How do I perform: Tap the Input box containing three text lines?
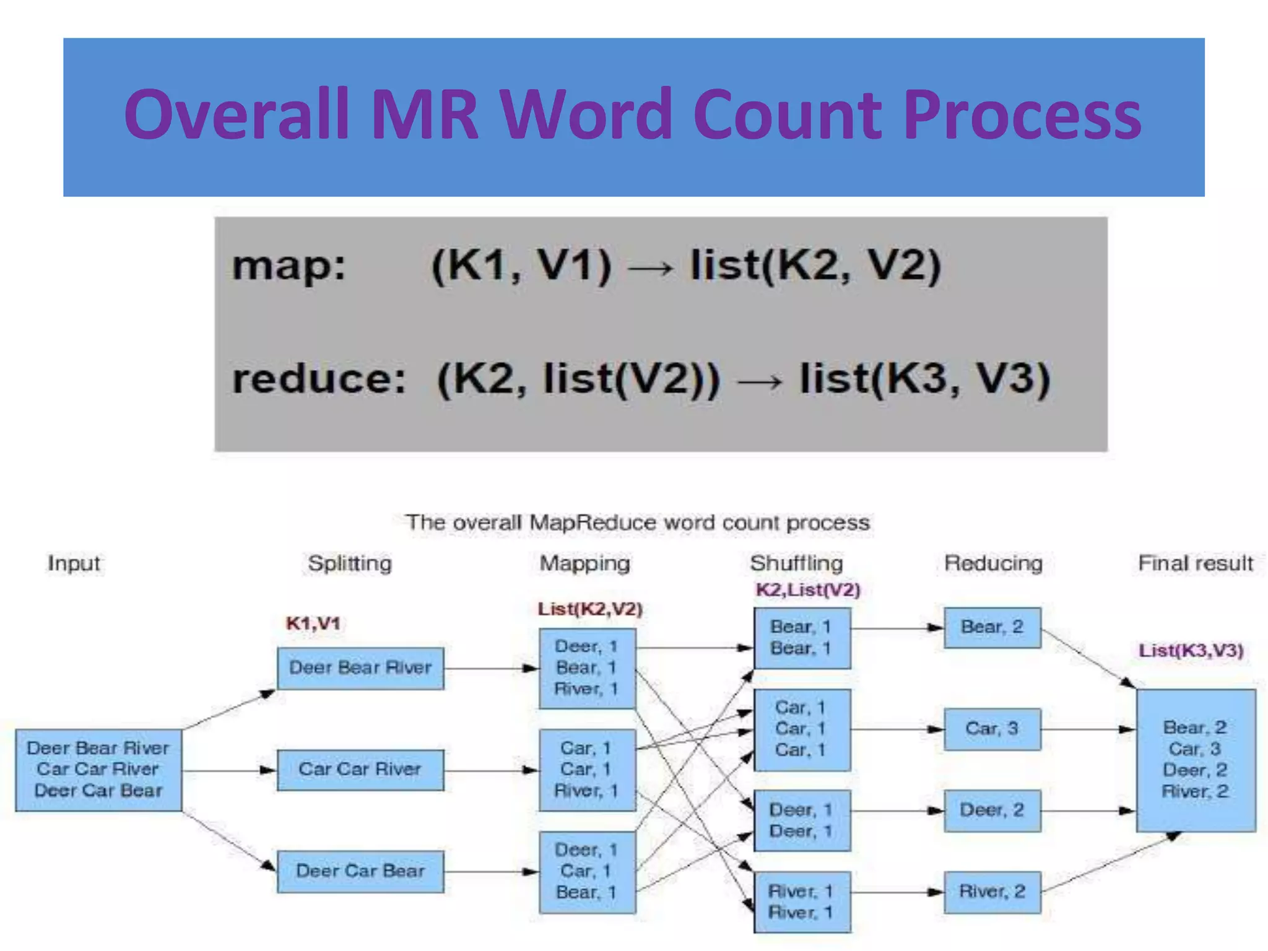point(98,770)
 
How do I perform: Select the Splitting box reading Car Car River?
point(360,770)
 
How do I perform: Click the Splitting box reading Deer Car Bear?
point(360,871)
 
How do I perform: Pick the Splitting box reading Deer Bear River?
point(360,668)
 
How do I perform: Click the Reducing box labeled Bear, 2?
point(992,628)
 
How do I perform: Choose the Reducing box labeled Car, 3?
point(992,729)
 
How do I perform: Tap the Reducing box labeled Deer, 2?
point(992,810)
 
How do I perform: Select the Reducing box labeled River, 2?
point(992,892)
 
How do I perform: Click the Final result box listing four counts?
point(1196,760)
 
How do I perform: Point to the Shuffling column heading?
point(796,563)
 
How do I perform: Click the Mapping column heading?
point(584,563)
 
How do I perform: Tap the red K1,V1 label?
point(313,623)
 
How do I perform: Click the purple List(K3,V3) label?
point(1191,651)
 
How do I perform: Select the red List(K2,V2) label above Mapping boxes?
point(589,609)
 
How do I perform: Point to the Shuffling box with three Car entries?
point(802,729)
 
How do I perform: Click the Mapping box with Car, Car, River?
point(587,770)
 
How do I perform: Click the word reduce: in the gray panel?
point(319,378)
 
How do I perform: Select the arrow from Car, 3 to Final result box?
point(1088,729)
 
